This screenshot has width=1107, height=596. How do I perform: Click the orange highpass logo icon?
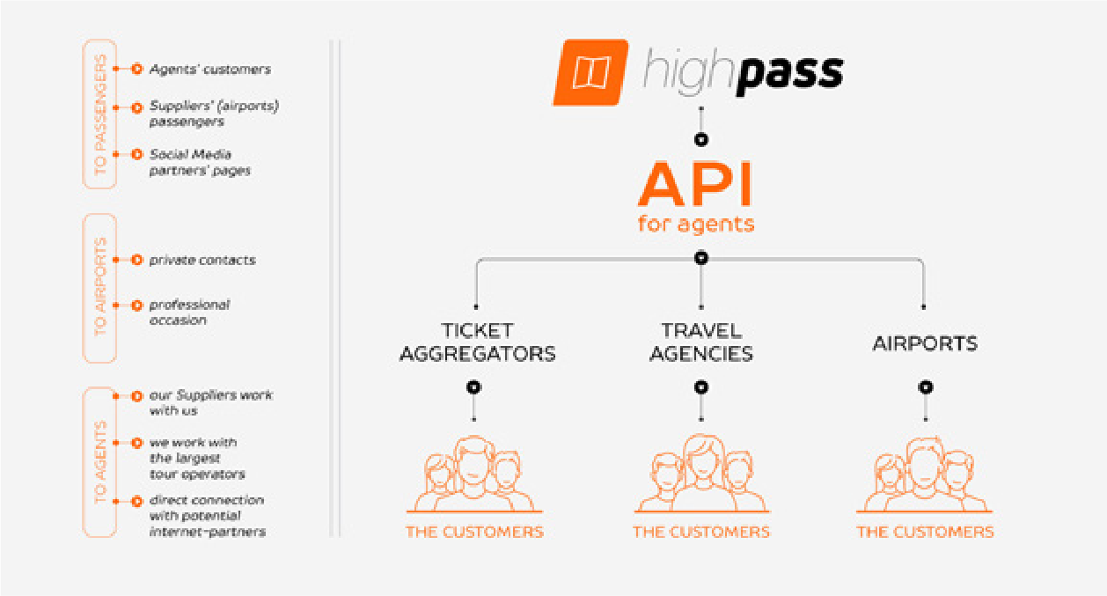(591, 72)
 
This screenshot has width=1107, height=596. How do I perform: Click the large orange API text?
(696, 185)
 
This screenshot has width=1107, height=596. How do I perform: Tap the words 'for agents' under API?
(696, 224)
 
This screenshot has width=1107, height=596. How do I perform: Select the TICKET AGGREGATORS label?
(478, 342)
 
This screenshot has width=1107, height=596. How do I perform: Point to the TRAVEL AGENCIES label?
(701, 342)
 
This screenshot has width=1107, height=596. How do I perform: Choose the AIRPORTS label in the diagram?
(925, 343)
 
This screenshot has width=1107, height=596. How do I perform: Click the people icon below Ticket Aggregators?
(474, 474)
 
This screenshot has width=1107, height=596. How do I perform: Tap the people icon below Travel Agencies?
(701, 474)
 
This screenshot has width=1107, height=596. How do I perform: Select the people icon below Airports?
(924, 474)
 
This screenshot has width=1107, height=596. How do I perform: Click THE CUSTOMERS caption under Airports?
(925, 533)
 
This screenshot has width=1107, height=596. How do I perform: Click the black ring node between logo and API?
(701, 139)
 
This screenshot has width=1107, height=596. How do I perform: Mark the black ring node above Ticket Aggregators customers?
(474, 386)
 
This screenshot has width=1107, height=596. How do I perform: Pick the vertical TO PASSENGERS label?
(99, 114)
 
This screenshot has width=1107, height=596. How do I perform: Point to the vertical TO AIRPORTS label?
(99, 287)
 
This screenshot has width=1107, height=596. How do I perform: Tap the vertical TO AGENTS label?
(99, 462)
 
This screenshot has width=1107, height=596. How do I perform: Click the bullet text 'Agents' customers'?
(210, 70)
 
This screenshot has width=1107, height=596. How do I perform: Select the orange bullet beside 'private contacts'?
(137, 261)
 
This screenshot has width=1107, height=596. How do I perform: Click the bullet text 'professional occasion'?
(190, 313)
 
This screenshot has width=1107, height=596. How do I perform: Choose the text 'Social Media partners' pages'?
(200, 162)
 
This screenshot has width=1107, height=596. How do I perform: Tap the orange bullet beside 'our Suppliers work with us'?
(137, 396)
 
